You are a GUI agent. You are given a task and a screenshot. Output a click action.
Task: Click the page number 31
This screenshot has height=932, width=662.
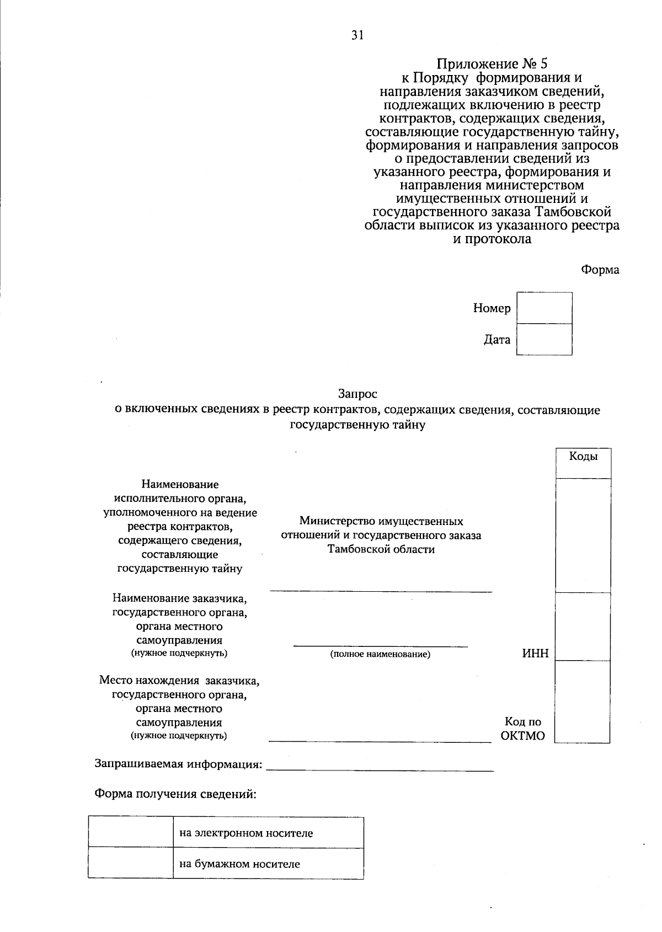[x=357, y=35]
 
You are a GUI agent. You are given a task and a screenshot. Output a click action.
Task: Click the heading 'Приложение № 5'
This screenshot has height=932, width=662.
[x=492, y=64]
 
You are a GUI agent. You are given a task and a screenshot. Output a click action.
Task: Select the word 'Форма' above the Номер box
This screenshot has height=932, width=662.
[x=600, y=270]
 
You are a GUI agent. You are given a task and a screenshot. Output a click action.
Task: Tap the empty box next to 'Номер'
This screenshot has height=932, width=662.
[x=544, y=308]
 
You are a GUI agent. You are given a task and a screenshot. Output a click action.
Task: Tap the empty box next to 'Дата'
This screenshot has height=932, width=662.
[x=544, y=339]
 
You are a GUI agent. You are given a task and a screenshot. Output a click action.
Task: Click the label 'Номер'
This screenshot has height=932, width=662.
[x=492, y=308]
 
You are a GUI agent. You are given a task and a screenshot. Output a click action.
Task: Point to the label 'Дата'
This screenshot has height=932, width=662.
[x=497, y=340]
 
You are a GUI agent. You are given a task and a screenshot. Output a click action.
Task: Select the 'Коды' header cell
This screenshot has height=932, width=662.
[x=583, y=457]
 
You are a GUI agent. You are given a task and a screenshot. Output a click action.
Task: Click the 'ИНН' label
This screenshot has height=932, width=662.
[x=536, y=654]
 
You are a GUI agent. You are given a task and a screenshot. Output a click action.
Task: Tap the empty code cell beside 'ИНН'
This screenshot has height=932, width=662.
[x=583, y=626]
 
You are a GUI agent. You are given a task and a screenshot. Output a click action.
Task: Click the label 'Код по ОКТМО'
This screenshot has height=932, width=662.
[x=523, y=729]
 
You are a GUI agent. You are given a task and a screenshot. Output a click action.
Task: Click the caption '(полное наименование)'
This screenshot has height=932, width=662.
[x=380, y=655]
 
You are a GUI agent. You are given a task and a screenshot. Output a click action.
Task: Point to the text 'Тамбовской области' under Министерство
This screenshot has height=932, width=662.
[x=381, y=549]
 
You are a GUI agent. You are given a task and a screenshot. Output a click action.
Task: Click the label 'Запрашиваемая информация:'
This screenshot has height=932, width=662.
[x=178, y=764]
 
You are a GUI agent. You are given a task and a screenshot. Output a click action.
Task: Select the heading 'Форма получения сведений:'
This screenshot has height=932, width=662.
[x=176, y=794]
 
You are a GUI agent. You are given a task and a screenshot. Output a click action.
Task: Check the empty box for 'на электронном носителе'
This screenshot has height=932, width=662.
[x=130, y=833]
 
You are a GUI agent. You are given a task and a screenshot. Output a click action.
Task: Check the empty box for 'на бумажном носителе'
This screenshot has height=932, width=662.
[x=130, y=864]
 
